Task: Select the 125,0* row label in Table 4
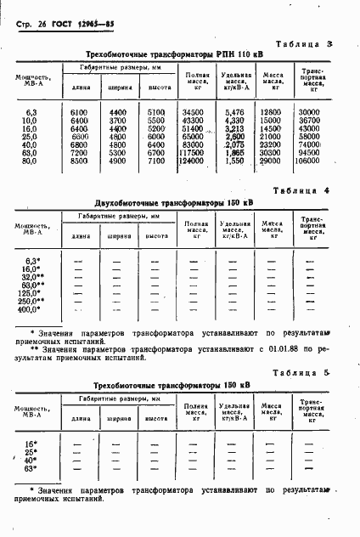point(31,291)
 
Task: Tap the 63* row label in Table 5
point(31,467)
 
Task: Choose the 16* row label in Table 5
point(31,444)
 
